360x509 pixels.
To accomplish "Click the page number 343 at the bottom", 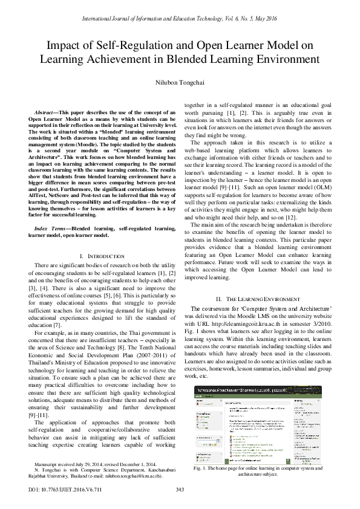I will pos(180,489).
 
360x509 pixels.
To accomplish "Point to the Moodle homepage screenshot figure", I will pos(257,423).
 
